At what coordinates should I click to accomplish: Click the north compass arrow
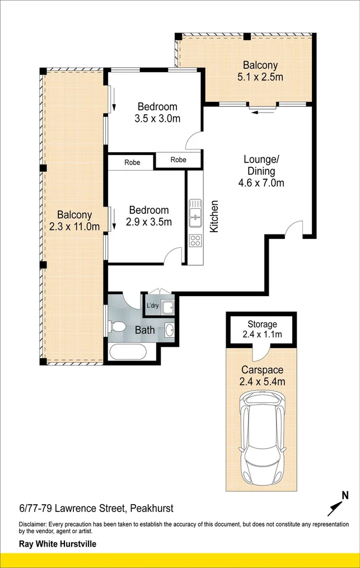pyautogui.click(x=336, y=505)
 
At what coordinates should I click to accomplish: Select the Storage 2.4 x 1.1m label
pyautogui.click(x=262, y=330)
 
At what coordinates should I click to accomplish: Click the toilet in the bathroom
pyautogui.click(x=118, y=327)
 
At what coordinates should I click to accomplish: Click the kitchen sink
pyautogui.click(x=195, y=213)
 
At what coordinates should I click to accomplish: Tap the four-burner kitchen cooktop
pyautogui.click(x=195, y=241)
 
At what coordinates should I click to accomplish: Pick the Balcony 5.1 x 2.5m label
pyautogui.click(x=260, y=71)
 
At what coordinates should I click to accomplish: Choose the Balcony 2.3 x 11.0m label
pyautogui.click(x=74, y=220)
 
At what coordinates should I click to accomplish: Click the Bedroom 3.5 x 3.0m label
pyautogui.click(x=157, y=112)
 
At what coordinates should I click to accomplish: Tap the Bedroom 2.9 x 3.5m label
pyautogui.click(x=148, y=215)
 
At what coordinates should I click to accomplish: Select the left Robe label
pyautogui.click(x=132, y=163)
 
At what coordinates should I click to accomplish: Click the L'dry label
pyautogui.click(x=152, y=306)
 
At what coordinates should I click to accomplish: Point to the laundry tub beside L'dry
pyautogui.click(x=166, y=306)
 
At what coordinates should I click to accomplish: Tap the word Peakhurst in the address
pyautogui.click(x=152, y=509)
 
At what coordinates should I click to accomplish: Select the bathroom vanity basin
pyautogui.click(x=169, y=330)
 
